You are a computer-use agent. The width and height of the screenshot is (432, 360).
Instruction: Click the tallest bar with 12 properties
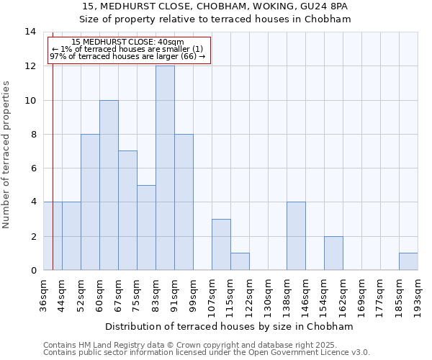(165, 168)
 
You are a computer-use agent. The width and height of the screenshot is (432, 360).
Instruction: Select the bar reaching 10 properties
(109, 185)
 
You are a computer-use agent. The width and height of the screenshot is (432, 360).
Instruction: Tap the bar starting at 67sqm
(127, 210)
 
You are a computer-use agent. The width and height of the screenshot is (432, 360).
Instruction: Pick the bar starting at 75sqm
(146, 228)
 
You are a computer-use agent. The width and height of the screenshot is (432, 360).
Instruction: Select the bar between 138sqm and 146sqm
(296, 236)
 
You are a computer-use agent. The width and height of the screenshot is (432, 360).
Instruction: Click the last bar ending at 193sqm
(408, 261)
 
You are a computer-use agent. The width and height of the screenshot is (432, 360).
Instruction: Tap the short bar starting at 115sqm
(240, 261)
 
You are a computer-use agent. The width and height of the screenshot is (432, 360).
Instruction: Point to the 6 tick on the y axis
(33, 168)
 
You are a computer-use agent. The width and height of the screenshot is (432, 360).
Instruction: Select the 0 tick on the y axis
(33, 270)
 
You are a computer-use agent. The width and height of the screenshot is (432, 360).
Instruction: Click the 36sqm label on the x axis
(44, 294)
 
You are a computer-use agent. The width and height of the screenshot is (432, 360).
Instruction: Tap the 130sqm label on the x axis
(269, 295)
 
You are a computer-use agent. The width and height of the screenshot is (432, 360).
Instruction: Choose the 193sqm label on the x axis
(418, 295)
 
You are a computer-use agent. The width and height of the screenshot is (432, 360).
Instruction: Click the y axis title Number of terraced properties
(7, 154)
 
